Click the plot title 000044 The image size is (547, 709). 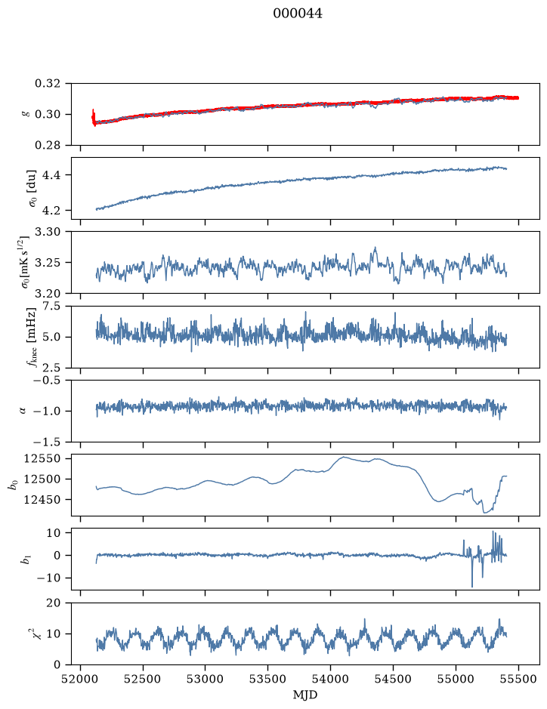click(x=298, y=14)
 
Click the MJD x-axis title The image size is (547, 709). click(x=305, y=695)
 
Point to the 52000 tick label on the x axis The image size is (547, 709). click(x=81, y=679)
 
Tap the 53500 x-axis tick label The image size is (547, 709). click(x=268, y=679)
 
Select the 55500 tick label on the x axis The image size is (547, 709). click(x=518, y=679)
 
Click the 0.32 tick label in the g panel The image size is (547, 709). click(x=47, y=84)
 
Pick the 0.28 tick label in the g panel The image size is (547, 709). click(x=47, y=145)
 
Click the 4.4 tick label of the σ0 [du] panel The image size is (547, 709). click(x=51, y=175)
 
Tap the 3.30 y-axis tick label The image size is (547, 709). click(x=47, y=232)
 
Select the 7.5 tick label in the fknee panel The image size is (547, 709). click(x=51, y=307)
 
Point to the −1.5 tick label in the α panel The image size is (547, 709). click(x=44, y=441)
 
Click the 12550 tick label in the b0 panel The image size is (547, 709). click(x=42, y=458)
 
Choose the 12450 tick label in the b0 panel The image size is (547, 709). click(x=42, y=500)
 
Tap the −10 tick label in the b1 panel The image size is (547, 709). click(x=48, y=578)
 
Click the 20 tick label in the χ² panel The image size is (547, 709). click(x=54, y=603)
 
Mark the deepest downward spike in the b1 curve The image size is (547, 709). click(x=472, y=586)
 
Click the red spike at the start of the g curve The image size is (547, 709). click(x=93, y=117)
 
